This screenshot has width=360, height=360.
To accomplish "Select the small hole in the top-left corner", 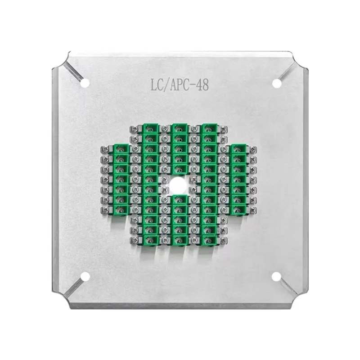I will click(x=84, y=83).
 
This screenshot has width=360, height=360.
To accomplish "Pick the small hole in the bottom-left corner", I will click(x=84, y=276).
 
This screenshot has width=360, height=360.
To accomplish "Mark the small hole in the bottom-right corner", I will click(x=276, y=276).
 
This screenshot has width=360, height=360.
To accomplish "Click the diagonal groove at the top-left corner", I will click(x=74, y=72).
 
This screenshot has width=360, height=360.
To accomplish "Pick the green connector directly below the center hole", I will click(x=179, y=200).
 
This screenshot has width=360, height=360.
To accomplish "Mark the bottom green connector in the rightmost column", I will click(x=239, y=209).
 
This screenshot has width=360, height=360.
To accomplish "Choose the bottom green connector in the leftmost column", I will click(x=119, y=209).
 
